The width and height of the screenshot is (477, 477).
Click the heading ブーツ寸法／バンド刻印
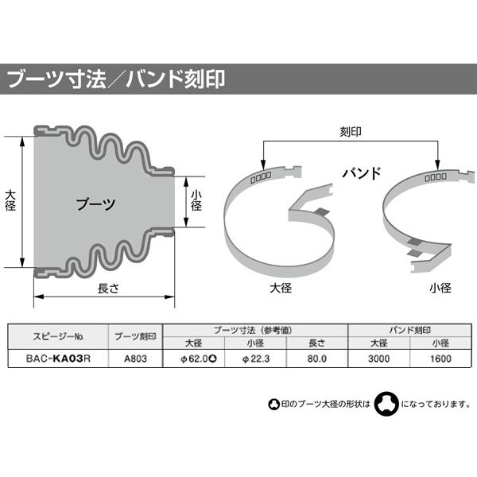coord(116,79)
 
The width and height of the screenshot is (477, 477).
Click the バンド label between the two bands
coord(362,173)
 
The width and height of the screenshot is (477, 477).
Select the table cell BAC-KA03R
coord(57,358)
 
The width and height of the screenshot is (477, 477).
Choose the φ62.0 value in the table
coord(194,358)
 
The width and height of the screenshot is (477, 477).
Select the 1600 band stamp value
coord(441,358)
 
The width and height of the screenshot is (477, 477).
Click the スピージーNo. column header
coord(57,336)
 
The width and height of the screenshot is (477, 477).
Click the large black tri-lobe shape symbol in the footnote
coord(386,403)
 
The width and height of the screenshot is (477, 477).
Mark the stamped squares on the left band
coord(261,174)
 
